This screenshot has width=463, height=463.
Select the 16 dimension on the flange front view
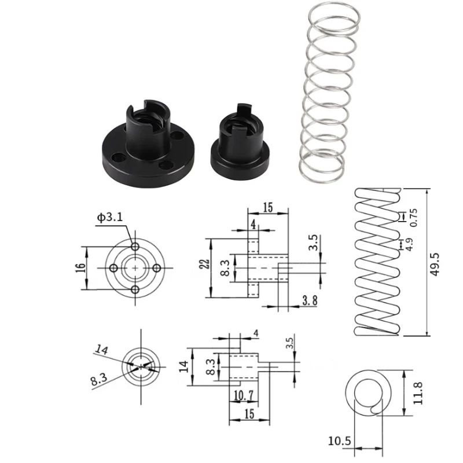[x=80, y=268]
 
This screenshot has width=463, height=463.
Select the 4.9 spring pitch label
[x=409, y=245]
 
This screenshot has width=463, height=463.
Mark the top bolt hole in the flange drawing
[x=135, y=247]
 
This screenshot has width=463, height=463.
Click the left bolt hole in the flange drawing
[x=114, y=268]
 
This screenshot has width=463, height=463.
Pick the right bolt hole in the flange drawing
[x=157, y=268]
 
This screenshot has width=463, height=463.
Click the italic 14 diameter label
[x=102, y=349]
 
